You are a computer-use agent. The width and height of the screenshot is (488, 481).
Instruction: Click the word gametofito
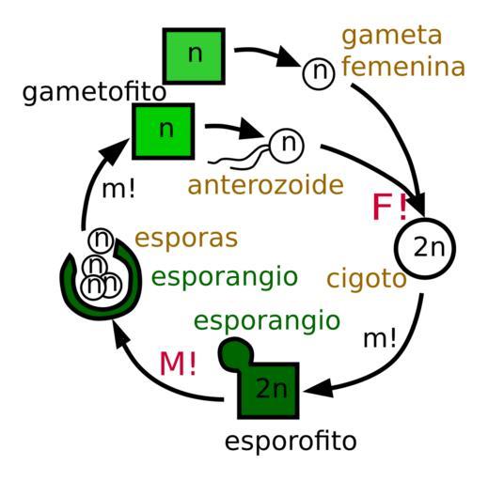pos(94,93)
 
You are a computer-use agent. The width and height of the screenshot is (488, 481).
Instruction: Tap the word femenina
pos(403,67)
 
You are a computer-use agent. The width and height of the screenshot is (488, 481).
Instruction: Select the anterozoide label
pos(265,185)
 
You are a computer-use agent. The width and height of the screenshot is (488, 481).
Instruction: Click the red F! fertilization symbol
pos(390,207)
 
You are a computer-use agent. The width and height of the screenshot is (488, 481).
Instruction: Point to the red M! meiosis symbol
pos(178,364)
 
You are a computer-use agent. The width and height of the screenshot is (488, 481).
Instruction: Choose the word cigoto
pos(367,279)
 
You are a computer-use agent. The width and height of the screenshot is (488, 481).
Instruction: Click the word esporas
pos(186,239)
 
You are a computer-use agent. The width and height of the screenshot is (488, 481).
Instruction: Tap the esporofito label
pos(291,441)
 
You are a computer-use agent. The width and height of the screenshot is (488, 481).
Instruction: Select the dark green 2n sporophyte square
pos(268,390)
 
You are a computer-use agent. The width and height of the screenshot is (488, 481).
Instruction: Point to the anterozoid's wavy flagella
pos(239,159)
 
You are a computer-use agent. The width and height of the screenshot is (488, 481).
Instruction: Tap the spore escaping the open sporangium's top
pos(101,240)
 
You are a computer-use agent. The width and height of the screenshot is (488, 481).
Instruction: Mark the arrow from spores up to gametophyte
pos(92,181)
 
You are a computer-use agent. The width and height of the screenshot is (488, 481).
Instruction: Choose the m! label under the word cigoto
pos(380,338)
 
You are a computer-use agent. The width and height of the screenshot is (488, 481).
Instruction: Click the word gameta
pos(392,36)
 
